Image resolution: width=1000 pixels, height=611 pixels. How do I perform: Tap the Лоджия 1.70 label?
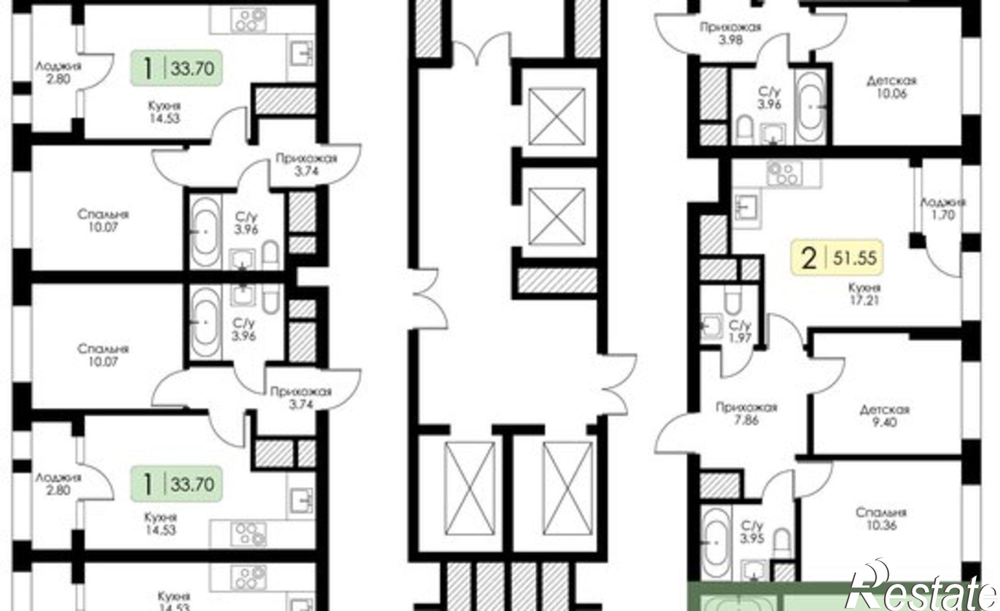pos(943,209)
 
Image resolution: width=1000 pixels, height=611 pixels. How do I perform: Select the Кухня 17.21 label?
pos(864,294)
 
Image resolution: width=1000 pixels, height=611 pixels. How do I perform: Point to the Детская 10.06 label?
pos(891,87)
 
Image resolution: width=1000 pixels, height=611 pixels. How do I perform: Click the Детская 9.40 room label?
pos(884,416)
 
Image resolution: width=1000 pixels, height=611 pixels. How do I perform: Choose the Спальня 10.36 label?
pos(881,519)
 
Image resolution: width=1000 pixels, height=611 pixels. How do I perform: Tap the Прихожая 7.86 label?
pos(746,414)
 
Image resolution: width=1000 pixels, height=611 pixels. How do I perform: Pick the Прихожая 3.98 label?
pos(730,33)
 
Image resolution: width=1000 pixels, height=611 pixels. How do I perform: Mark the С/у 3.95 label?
pos(751,532)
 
